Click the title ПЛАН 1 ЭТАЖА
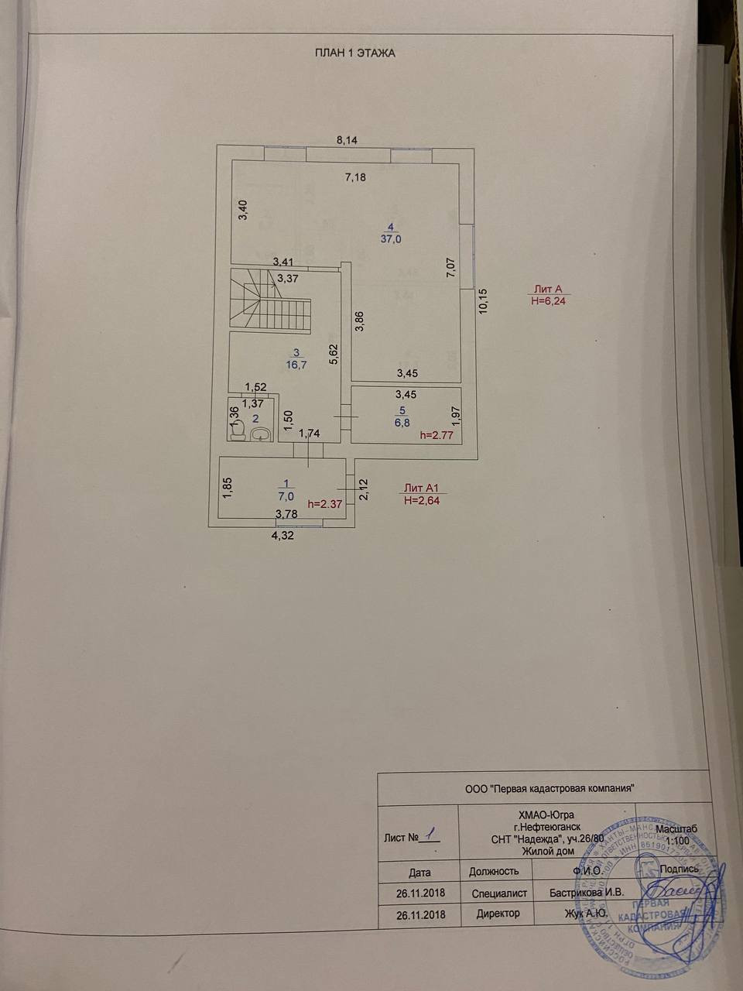(x=355, y=53)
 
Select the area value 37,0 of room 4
(x=391, y=239)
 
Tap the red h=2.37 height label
(x=326, y=503)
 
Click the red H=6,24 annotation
(x=549, y=302)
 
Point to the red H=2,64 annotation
(x=422, y=500)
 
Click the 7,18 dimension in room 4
(x=354, y=177)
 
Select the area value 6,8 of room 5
(x=402, y=423)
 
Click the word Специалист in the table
(x=499, y=893)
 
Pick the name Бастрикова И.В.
(x=587, y=893)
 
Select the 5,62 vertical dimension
(x=334, y=354)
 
